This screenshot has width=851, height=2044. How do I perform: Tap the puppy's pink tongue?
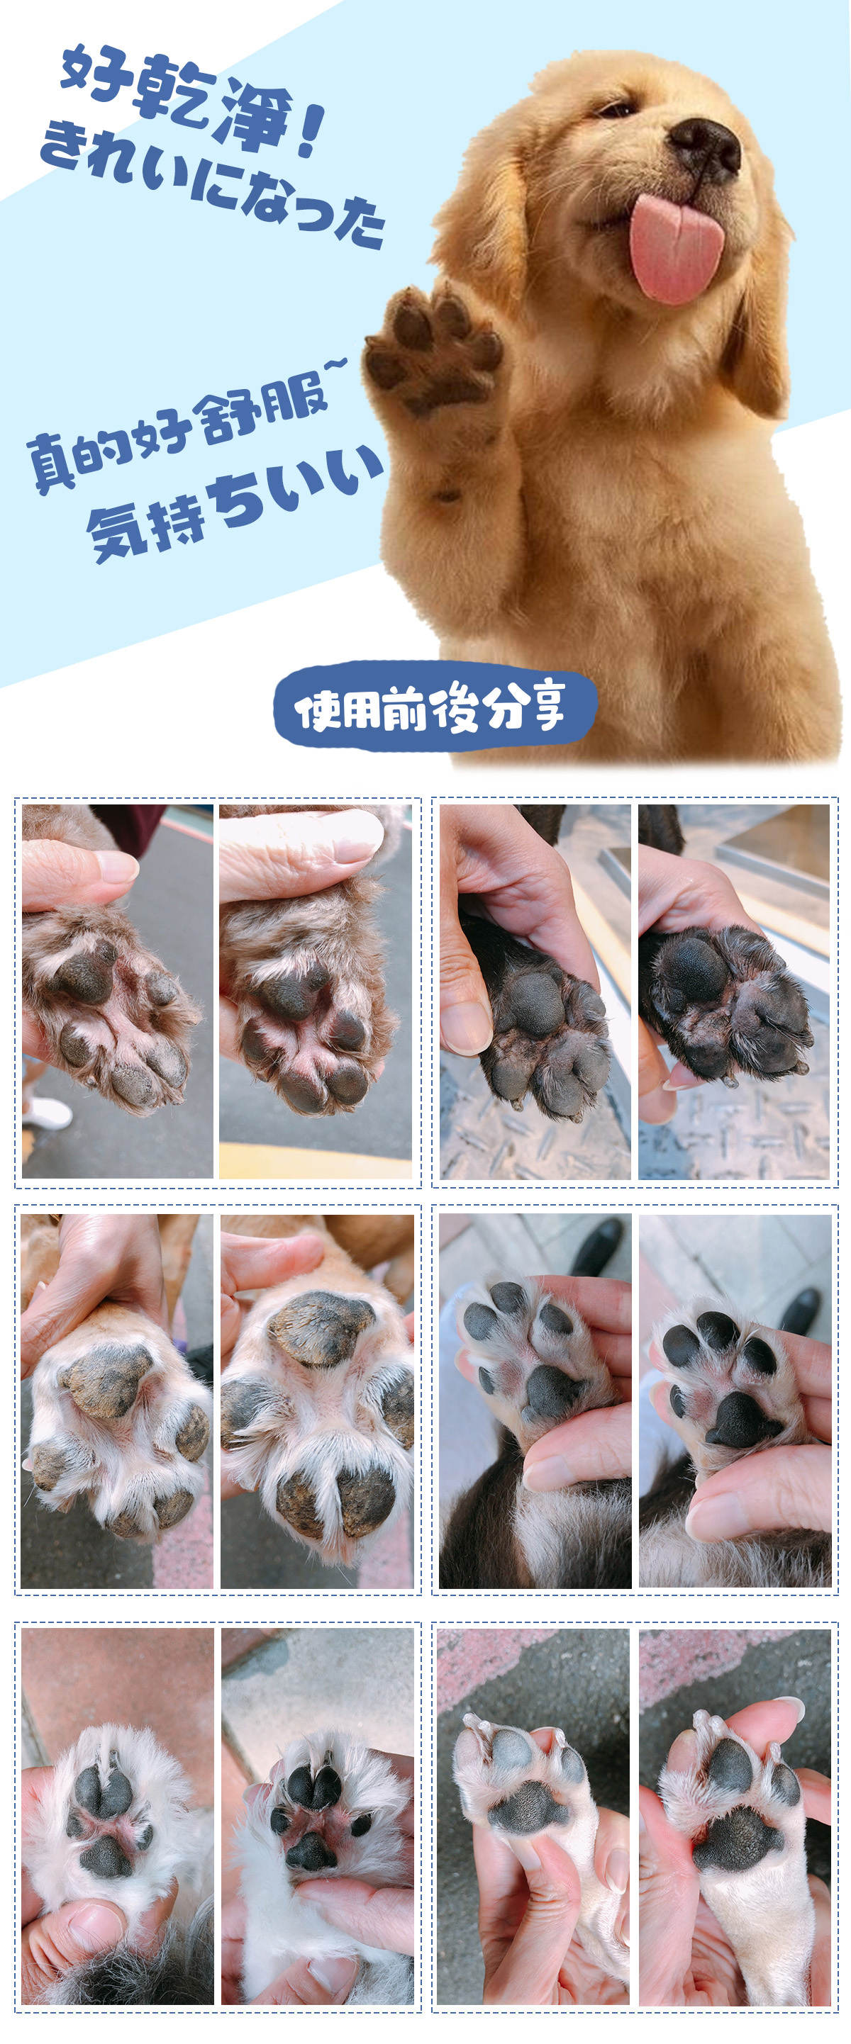677,247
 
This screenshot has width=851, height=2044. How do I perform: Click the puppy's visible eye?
618,109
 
